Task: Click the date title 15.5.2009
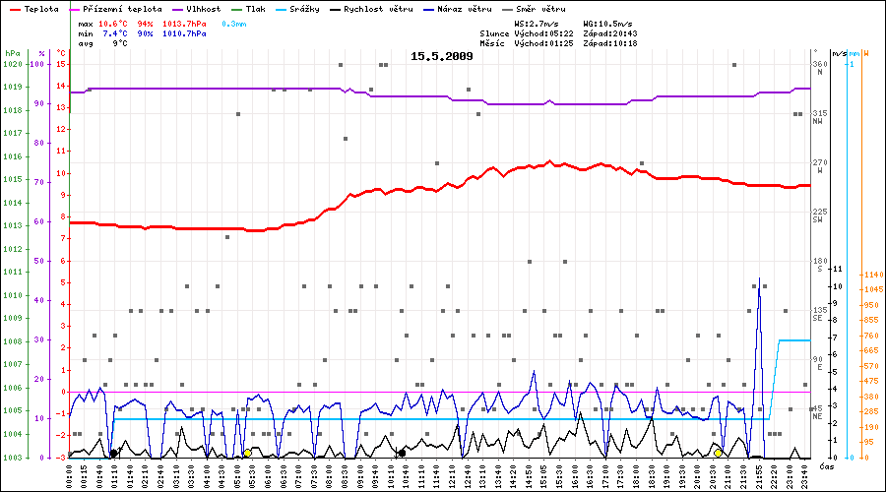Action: (x=442, y=56)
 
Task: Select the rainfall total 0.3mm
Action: (x=234, y=22)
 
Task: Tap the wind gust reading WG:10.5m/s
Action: (x=606, y=22)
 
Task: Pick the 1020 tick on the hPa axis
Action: (x=13, y=64)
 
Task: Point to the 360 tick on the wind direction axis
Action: (x=819, y=64)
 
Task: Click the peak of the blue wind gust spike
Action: (x=758, y=280)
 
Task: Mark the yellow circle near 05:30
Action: (x=247, y=453)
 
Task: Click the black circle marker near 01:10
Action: (x=113, y=453)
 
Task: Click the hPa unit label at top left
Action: (x=12, y=52)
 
